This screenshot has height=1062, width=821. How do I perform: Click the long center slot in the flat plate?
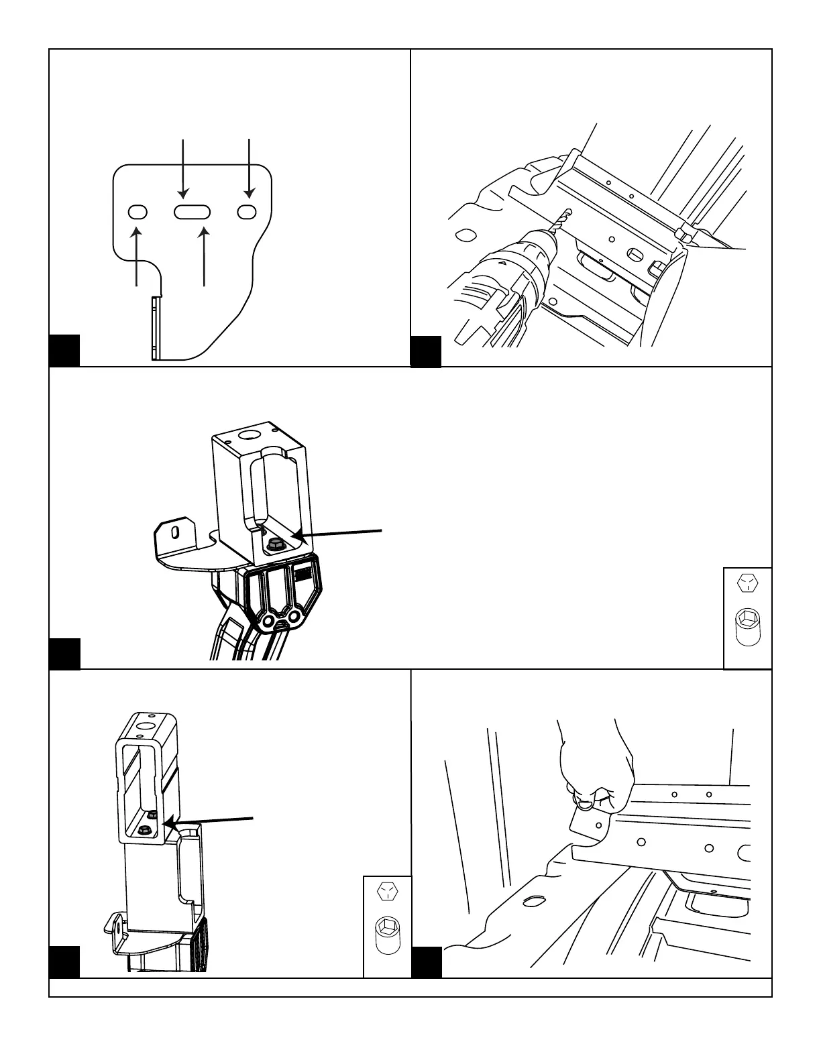192,212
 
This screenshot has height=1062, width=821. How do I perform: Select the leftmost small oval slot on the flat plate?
138,212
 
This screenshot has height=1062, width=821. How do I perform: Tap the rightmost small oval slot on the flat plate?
247,212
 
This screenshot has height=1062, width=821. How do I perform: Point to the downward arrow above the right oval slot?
249,168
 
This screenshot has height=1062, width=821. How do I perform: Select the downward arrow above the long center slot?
185,168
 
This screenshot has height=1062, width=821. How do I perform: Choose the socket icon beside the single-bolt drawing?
747,626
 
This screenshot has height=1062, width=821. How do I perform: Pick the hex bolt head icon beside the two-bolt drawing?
386,890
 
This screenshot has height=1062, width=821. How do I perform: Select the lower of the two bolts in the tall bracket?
143,831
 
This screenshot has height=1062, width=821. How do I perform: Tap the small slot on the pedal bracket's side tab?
175,532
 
